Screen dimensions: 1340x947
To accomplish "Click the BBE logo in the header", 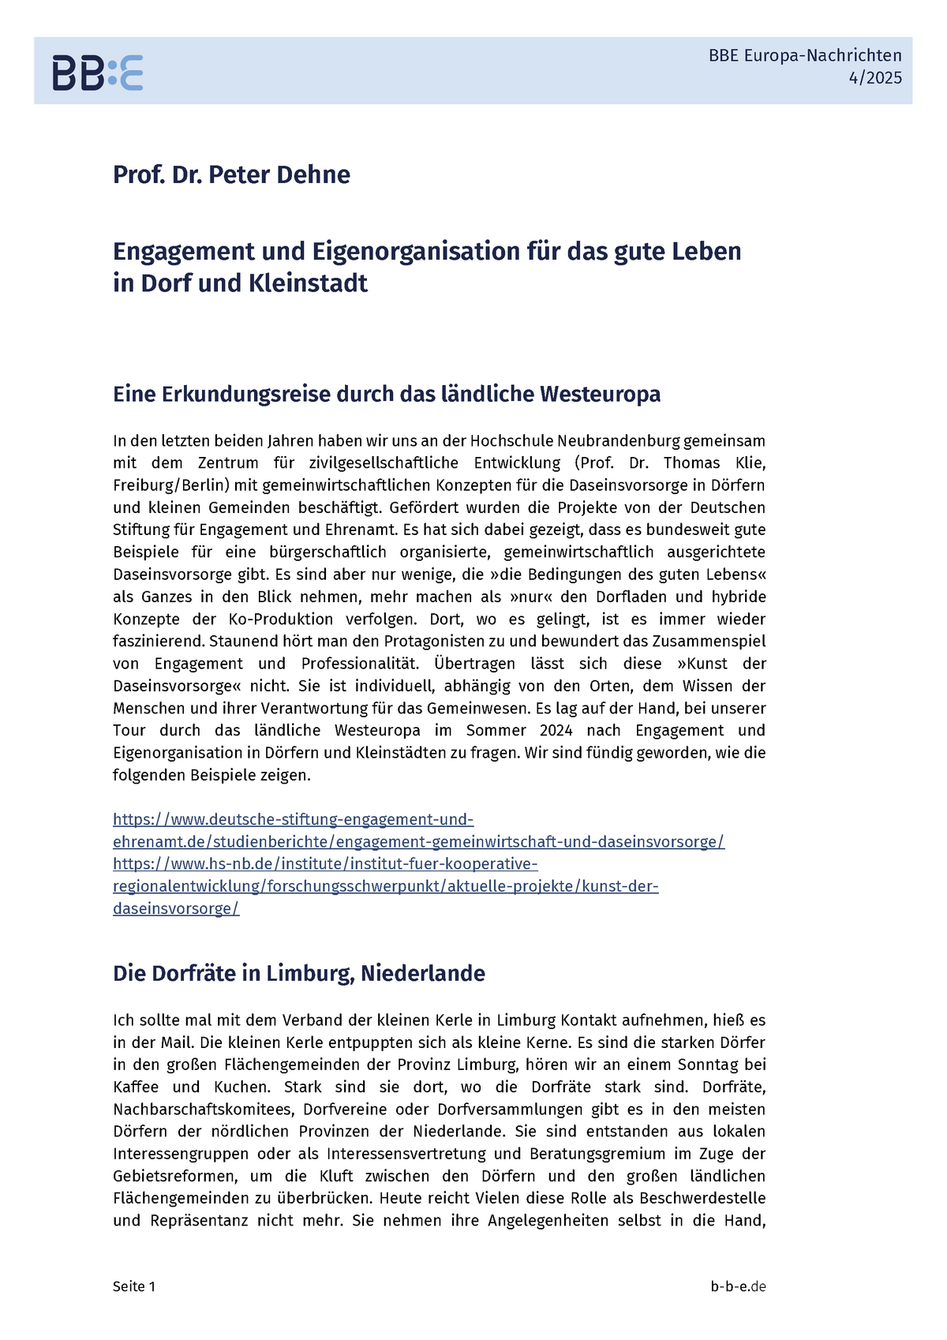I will (98, 73).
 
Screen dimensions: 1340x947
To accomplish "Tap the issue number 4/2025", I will (875, 78).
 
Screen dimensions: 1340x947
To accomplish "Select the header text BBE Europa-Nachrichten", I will (805, 55).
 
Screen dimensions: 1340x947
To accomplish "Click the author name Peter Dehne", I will (279, 174).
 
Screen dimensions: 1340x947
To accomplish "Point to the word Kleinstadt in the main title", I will (308, 283).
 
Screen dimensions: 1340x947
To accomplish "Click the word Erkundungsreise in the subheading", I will (246, 394).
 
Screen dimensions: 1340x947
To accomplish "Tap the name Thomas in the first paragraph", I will (691, 463).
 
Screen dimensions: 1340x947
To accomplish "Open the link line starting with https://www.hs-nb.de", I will (325, 864).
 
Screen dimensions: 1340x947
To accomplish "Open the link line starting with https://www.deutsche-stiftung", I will (293, 819).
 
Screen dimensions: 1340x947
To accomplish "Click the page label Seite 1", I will (134, 1286).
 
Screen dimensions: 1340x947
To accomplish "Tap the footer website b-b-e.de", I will (738, 1286).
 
